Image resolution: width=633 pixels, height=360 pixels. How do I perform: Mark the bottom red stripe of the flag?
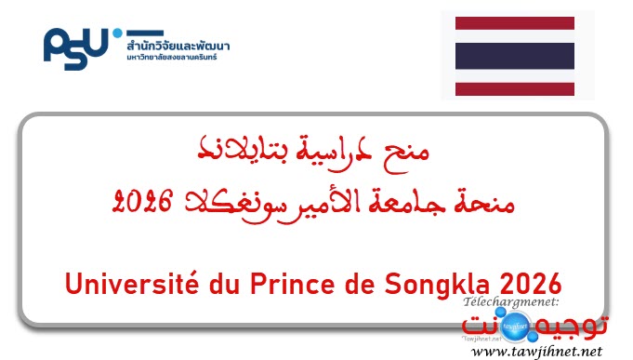(x=506, y=89)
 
